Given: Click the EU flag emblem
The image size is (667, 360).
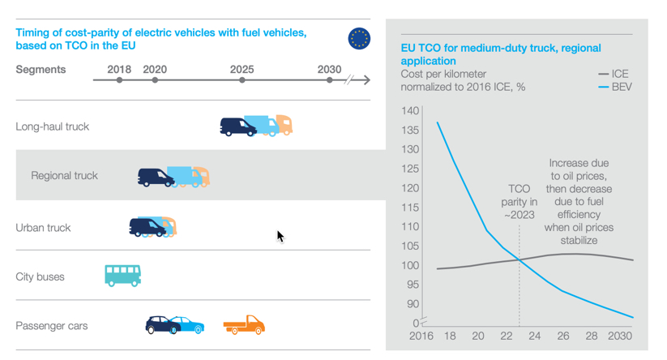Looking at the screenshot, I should coord(359,38).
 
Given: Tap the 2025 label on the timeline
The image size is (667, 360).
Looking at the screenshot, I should coord(242,69).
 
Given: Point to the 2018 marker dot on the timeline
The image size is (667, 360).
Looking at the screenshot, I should coord(119,80).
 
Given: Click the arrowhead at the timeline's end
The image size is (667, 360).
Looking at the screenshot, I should coord(366,80).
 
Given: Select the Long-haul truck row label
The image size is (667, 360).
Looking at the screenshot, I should coord(52,126).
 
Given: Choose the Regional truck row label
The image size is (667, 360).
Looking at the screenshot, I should coord(64,176).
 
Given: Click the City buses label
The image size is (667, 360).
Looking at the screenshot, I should coord(40,277).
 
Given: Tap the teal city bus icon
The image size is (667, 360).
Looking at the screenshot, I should coord(122,276).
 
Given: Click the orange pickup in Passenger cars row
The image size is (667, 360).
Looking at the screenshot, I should coord(244,325).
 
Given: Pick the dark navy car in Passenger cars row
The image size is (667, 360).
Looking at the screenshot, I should coord(161,325).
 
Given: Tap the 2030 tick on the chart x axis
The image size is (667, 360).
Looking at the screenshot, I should coord(619,336).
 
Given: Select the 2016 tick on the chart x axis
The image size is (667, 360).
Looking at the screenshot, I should coord(421,336).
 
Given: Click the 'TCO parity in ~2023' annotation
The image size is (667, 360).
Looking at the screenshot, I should coord(519,202).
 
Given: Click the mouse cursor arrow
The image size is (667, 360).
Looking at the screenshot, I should coord(280,236).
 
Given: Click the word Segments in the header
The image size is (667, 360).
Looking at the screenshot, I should coord(41,70).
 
